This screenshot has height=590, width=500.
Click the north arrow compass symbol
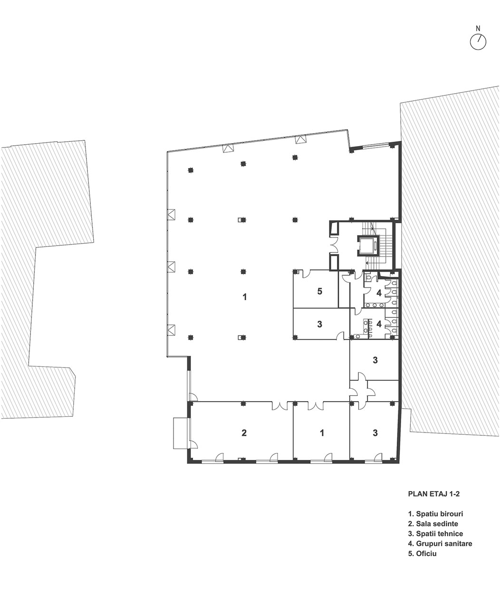tap(478, 42)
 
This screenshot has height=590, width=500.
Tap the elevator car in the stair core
tap(368, 245)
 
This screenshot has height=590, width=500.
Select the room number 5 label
tap(319, 292)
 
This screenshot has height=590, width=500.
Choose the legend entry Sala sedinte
tap(433, 523)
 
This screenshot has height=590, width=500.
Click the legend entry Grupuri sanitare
tap(440, 543)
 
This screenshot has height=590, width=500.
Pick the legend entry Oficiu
tap(422, 553)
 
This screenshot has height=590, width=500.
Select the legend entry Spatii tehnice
tap(435, 533)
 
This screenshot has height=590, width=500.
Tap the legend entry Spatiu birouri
tap(435, 514)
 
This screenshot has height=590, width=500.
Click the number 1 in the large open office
tap(244, 297)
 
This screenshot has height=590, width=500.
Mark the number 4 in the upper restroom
tap(379, 293)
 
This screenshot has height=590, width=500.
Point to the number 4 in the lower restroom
tap(379, 324)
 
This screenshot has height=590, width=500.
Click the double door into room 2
tap(280, 405)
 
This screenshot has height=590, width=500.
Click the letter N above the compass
tap(478, 29)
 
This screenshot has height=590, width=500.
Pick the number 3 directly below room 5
tap(319, 324)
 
